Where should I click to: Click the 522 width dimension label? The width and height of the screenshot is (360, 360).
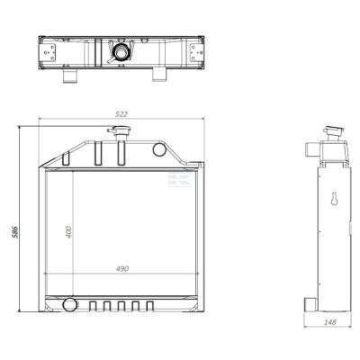(121, 114)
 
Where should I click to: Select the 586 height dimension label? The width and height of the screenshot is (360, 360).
(15, 232)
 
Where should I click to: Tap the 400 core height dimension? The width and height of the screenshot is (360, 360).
(68, 232)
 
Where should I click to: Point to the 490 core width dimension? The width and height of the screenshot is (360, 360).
(122, 268)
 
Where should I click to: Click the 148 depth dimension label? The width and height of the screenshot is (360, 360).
(330, 322)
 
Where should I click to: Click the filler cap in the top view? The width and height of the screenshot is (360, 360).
(120, 51)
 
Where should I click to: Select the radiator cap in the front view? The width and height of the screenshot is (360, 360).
(120, 130)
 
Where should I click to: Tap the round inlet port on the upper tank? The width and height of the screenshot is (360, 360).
(159, 149)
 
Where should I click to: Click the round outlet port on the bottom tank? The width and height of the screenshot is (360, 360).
(69, 304)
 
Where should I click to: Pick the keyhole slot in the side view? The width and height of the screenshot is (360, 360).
(335, 199)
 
